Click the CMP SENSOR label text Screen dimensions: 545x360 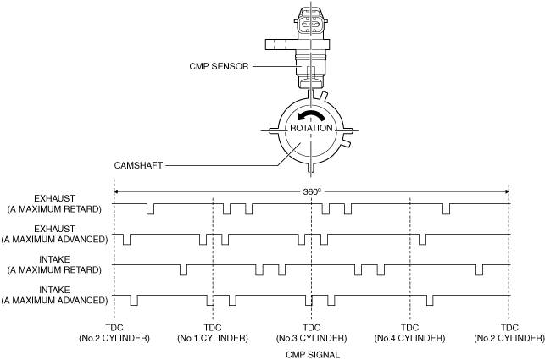pyautogui.click(x=219, y=66)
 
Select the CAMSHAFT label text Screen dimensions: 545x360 pyautogui.click(x=138, y=165)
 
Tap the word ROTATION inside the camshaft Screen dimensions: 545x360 pyautogui.click(x=311, y=128)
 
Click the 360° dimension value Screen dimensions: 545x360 pyautogui.click(x=311, y=191)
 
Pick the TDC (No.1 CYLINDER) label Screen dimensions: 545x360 pyautogui.click(x=213, y=333)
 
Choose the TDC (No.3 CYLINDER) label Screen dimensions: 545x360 pyautogui.click(x=311, y=333)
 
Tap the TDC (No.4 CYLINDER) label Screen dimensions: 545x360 pyautogui.click(x=409, y=333)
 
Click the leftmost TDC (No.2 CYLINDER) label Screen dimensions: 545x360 pyautogui.click(x=114, y=333)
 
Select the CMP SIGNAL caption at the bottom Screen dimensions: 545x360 pyautogui.click(x=313, y=355)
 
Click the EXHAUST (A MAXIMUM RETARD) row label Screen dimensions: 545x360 pyautogui.click(x=54, y=203)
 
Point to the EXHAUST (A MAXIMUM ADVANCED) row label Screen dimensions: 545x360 pyautogui.click(x=54, y=234)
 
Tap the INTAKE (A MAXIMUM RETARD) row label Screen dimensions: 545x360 pyautogui.click(x=54, y=265)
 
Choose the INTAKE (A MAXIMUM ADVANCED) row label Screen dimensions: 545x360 pyautogui.click(x=54, y=296)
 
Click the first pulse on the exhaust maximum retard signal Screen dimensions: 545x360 pyautogui.click(x=150, y=209)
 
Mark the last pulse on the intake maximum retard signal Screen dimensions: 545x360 pyautogui.click(x=479, y=270)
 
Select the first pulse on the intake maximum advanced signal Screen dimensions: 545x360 pyautogui.click(x=134, y=300)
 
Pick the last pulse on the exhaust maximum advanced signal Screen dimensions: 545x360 pyautogui.click(x=422, y=240)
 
